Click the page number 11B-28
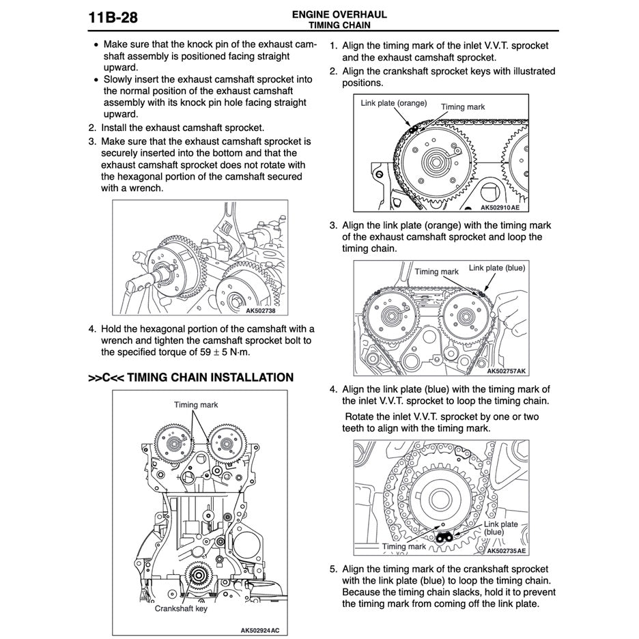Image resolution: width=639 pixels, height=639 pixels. tap(113, 17)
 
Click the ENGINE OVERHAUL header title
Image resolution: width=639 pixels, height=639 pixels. tap(339, 14)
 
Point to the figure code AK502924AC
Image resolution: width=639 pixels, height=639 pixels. tap(259, 629)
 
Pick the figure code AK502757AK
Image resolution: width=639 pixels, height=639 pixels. tap(506, 371)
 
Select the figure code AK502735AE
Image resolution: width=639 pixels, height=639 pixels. tap(506, 550)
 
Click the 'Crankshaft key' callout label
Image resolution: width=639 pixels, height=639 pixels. tap(181, 608)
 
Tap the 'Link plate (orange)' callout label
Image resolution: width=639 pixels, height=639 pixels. tap(393, 103)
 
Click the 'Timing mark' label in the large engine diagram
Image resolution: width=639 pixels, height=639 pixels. tap(196, 404)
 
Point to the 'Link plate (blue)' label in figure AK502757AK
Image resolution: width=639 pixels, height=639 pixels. tap(496, 268)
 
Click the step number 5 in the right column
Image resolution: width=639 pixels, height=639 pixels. tap(333, 569)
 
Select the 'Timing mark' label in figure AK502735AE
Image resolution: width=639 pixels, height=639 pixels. tap(403, 546)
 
